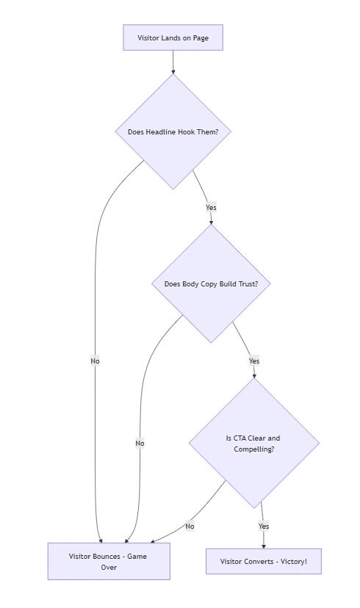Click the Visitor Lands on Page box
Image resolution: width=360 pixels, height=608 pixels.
coord(173,37)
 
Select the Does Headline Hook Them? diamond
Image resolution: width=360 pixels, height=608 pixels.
coord(173,132)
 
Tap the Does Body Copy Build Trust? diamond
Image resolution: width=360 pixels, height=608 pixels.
coord(211,283)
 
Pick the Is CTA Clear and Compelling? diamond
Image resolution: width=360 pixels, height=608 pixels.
coord(253,443)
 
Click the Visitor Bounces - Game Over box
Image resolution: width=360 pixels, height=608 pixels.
coord(108,562)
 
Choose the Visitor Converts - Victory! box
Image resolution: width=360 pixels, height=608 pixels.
coord(263,562)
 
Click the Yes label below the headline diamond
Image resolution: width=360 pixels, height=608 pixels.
coord(211,207)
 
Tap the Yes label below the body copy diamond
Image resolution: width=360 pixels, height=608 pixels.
coord(254,361)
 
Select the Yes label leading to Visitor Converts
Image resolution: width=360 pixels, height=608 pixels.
coord(264,526)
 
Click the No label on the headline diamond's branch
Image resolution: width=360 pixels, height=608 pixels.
coord(95,361)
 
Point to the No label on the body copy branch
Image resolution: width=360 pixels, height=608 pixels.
coord(140,443)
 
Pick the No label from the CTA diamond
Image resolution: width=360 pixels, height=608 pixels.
coord(190,526)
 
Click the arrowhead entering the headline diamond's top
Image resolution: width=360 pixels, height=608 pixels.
coord(173,72)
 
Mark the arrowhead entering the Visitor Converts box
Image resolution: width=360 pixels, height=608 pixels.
coord(264,546)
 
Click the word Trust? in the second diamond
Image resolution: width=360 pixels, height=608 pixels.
coord(257,283)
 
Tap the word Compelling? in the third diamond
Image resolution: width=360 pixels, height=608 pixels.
coord(253,449)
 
